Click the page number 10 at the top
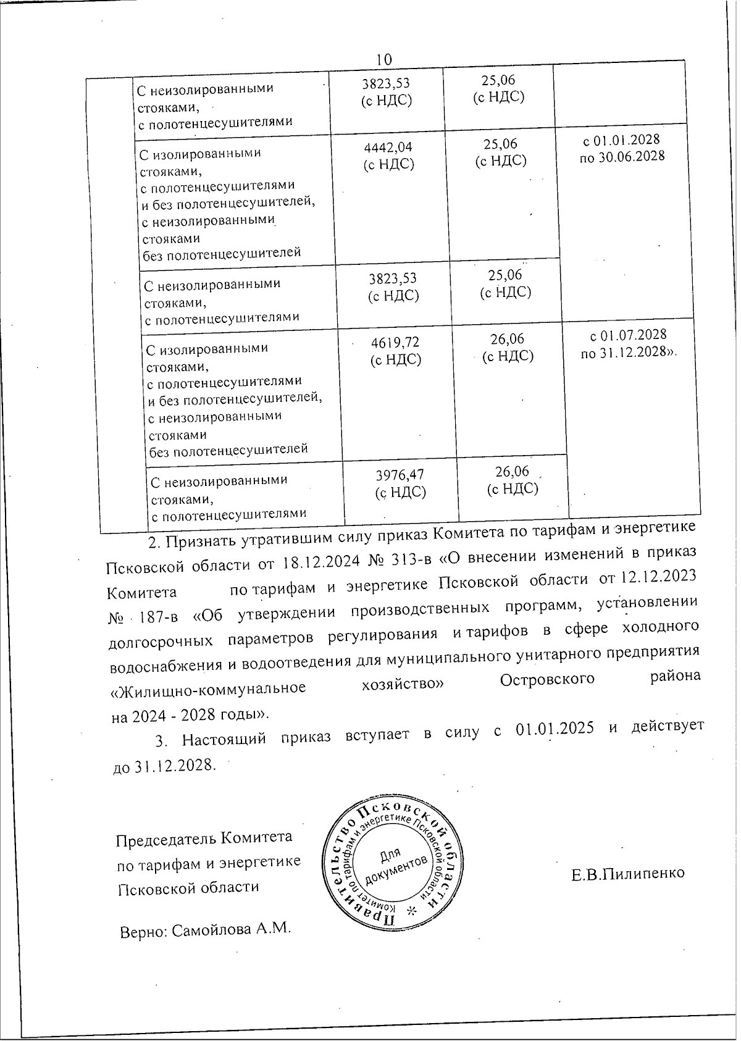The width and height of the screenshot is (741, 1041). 383,59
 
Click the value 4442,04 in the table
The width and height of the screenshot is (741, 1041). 388,147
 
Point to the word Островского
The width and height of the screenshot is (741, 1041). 547,679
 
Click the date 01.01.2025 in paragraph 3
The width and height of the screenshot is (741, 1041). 553,729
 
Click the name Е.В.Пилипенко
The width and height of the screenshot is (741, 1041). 627,873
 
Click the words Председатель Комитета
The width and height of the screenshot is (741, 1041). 204,838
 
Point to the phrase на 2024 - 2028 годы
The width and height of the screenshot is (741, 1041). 189,714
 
